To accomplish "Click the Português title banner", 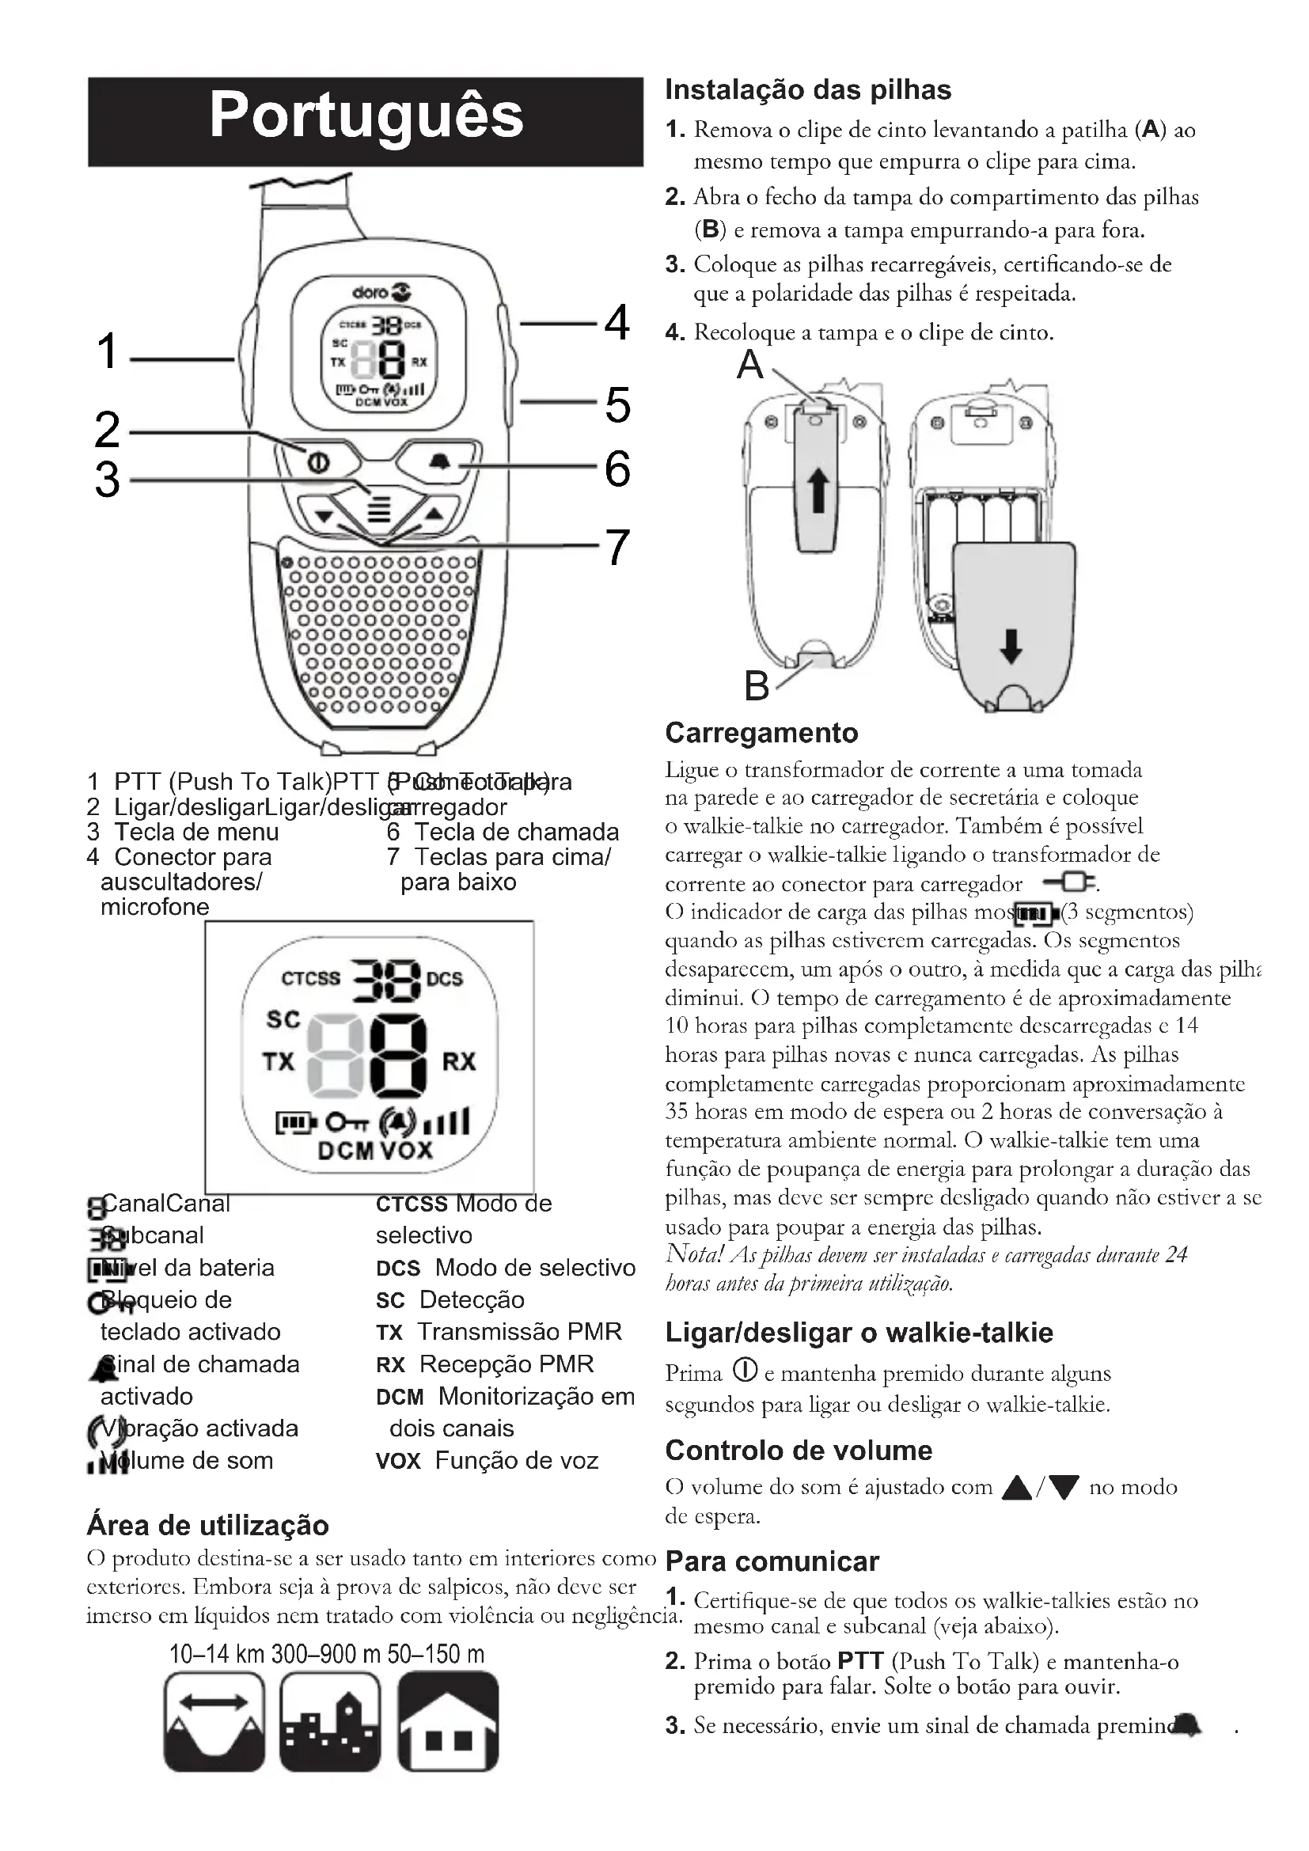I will point(365,121).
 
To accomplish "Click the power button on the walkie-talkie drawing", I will point(317,462).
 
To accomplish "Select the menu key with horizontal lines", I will point(379,507).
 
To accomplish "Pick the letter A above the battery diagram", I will point(749,364).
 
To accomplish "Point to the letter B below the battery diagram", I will point(757,686).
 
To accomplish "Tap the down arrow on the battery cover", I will point(1011,646).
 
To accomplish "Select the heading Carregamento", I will point(761,733).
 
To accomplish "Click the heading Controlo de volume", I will point(798,1451).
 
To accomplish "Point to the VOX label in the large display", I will point(406,1150).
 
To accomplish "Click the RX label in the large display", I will point(459,1062).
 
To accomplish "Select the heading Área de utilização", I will point(208,1526).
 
